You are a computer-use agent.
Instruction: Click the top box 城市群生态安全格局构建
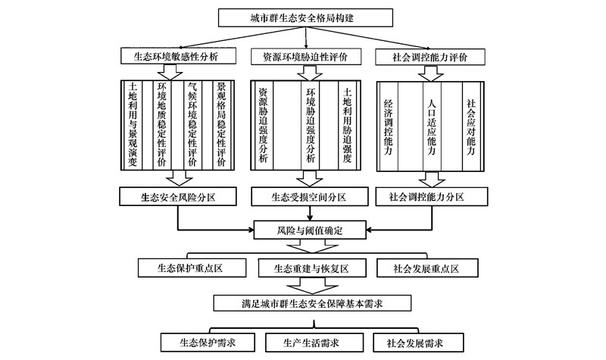coord(305,17)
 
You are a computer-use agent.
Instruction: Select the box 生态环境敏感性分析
coord(178,56)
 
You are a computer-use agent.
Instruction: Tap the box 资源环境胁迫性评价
coord(306,57)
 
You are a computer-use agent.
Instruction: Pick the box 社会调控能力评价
coord(430,58)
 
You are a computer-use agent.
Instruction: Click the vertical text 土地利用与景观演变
coord(133,124)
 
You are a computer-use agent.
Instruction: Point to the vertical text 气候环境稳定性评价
coord(192,124)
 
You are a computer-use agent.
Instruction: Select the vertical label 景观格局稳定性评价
coord(221,124)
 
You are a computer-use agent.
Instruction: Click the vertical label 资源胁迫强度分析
coord(263,125)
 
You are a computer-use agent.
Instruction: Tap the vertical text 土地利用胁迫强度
coord(347,125)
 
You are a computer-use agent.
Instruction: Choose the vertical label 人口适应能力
coord(431,127)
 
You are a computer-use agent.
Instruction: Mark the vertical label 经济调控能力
coord(388,127)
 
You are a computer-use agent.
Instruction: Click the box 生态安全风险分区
coord(178,197)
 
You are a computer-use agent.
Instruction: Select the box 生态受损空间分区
coord(310,197)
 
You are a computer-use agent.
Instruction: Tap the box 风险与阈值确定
coord(310,230)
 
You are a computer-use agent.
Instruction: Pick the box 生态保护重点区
coord(192,268)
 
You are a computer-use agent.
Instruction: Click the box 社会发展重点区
coord(427,268)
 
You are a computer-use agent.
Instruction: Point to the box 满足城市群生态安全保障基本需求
coord(312,303)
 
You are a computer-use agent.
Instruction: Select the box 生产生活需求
coord(314,343)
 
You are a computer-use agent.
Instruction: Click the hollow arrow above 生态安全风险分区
coord(179,178)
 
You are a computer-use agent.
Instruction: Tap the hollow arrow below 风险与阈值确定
coord(313,246)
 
